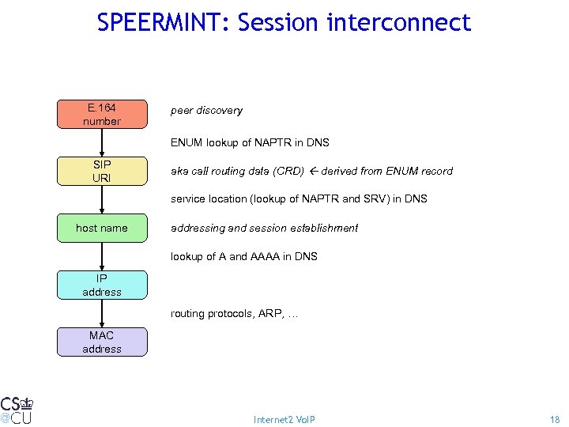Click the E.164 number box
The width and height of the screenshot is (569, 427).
pyautogui.click(x=102, y=115)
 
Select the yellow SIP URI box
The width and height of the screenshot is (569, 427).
pyautogui.click(x=102, y=171)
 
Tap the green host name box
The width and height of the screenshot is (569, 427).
pyautogui.click(x=102, y=228)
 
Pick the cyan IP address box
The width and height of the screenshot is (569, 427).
pyautogui.click(x=102, y=285)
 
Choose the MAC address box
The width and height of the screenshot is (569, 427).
pyautogui.click(x=102, y=342)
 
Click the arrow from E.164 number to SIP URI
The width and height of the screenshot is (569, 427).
pyautogui.click(x=102, y=142)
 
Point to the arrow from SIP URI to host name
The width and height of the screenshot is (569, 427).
pyautogui.click(x=102, y=199)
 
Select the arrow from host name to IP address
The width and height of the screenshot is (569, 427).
pyautogui.click(x=102, y=256)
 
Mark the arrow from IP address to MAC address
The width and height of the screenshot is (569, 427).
pyautogui.click(x=102, y=313)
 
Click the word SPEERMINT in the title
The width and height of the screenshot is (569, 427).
pyautogui.click(x=162, y=23)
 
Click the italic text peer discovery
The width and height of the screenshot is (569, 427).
pyautogui.click(x=206, y=111)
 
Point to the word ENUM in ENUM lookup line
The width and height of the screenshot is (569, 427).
pyautogui.click(x=187, y=142)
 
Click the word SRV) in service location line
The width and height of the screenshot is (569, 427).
pyautogui.click(x=379, y=199)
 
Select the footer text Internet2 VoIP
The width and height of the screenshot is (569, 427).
pyautogui.click(x=284, y=419)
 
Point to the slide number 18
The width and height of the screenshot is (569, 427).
pyautogui.click(x=554, y=419)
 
